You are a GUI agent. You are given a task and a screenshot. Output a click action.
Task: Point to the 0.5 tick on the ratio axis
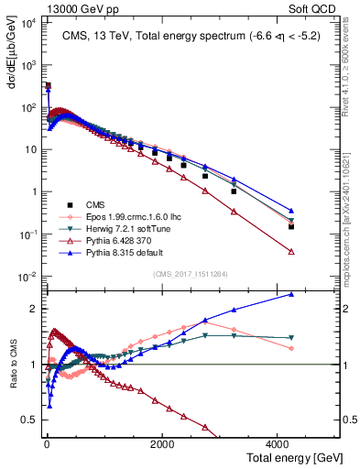(28, 420)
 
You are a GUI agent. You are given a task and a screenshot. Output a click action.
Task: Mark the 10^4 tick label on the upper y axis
(27, 23)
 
